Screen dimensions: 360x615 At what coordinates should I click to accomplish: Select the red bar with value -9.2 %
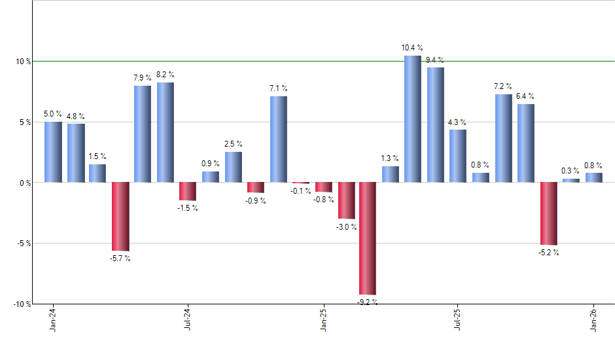(x=367, y=238)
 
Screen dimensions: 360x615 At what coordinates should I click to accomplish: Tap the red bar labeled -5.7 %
(x=120, y=216)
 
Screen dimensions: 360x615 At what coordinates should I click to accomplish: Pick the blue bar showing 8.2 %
(x=165, y=132)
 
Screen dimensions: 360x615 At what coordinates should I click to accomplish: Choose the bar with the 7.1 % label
(x=278, y=139)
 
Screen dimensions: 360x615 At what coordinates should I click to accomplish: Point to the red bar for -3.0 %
(x=346, y=200)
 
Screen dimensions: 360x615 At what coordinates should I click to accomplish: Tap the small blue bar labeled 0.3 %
(x=571, y=181)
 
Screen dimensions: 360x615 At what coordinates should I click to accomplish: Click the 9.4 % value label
(x=434, y=60)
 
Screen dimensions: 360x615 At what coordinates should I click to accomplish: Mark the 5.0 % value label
(x=53, y=114)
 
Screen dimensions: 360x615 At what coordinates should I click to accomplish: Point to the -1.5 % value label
(x=188, y=208)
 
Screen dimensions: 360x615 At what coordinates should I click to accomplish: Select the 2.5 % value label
(x=233, y=144)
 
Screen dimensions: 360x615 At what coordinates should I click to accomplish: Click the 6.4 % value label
(x=525, y=96)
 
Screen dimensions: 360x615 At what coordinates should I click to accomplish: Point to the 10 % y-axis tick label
(x=24, y=62)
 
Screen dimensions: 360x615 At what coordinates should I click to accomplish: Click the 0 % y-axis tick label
(x=25, y=183)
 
